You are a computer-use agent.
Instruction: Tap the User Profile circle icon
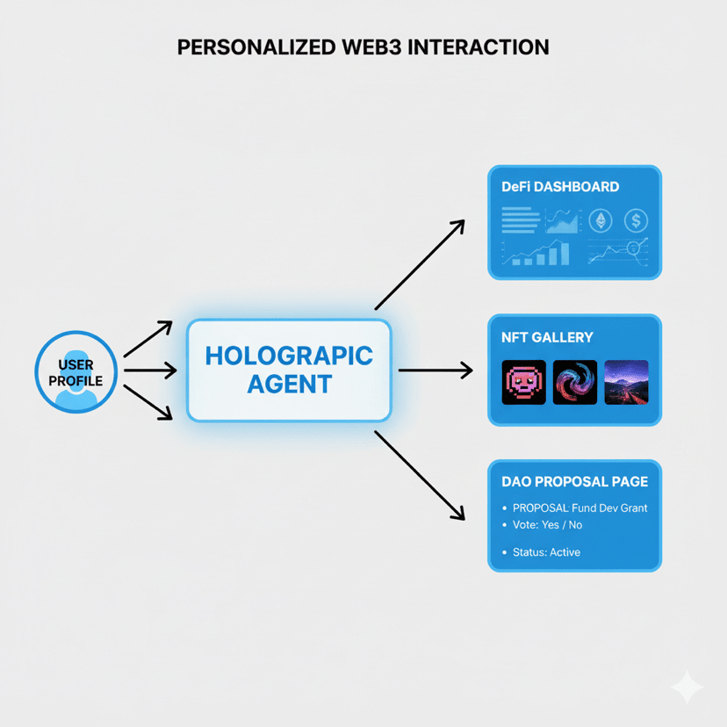(76, 371)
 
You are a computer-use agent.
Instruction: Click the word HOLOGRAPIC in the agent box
(289, 356)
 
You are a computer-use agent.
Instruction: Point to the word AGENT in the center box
(289, 384)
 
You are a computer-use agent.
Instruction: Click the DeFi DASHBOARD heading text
(560, 187)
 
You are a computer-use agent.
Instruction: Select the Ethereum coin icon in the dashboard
(601, 220)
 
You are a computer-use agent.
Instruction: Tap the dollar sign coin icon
(636, 220)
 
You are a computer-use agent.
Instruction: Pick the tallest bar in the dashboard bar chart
(564, 253)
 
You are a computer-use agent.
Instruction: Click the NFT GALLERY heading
(547, 337)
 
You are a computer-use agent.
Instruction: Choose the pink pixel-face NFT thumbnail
(523, 382)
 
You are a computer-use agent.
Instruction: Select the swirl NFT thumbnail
(575, 382)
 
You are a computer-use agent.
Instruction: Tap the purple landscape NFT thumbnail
(627, 382)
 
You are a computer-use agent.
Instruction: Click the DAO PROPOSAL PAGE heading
(574, 481)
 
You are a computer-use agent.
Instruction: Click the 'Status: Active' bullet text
(545, 552)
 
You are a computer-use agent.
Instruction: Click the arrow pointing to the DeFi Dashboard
(420, 264)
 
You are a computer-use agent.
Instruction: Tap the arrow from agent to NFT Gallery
(435, 371)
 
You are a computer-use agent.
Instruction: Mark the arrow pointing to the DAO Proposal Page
(420, 475)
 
